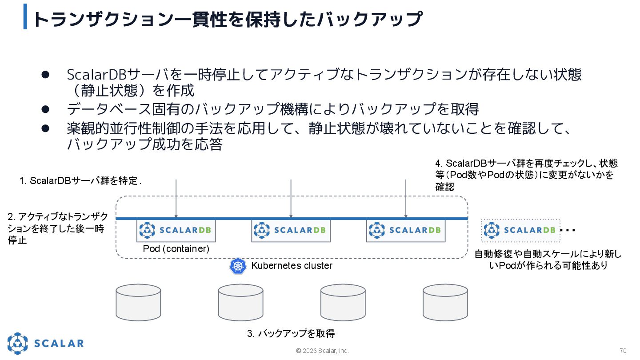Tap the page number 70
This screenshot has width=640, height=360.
click(x=623, y=351)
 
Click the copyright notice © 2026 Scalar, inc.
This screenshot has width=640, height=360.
click(x=323, y=351)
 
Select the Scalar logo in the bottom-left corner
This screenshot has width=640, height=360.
click(x=45, y=343)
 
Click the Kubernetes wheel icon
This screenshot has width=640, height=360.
click(x=238, y=266)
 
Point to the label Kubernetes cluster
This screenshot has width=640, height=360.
click(x=292, y=266)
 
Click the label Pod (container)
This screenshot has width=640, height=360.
click(x=176, y=249)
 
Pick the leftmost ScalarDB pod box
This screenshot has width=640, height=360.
click(x=176, y=230)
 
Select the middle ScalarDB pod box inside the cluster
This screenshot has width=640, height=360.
click(x=291, y=230)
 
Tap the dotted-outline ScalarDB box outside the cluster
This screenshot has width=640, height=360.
click(x=520, y=230)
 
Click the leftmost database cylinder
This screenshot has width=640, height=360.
click(x=138, y=302)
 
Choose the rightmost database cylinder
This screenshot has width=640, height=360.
click(x=445, y=302)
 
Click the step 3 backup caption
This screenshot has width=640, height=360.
click(x=291, y=333)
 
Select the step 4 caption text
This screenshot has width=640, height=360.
click(x=526, y=175)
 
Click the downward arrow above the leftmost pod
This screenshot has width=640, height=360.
click(x=176, y=198)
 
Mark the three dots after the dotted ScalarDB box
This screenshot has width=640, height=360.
click(x=568, y=230)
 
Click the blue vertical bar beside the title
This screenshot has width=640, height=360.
click(x=25, y=16)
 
